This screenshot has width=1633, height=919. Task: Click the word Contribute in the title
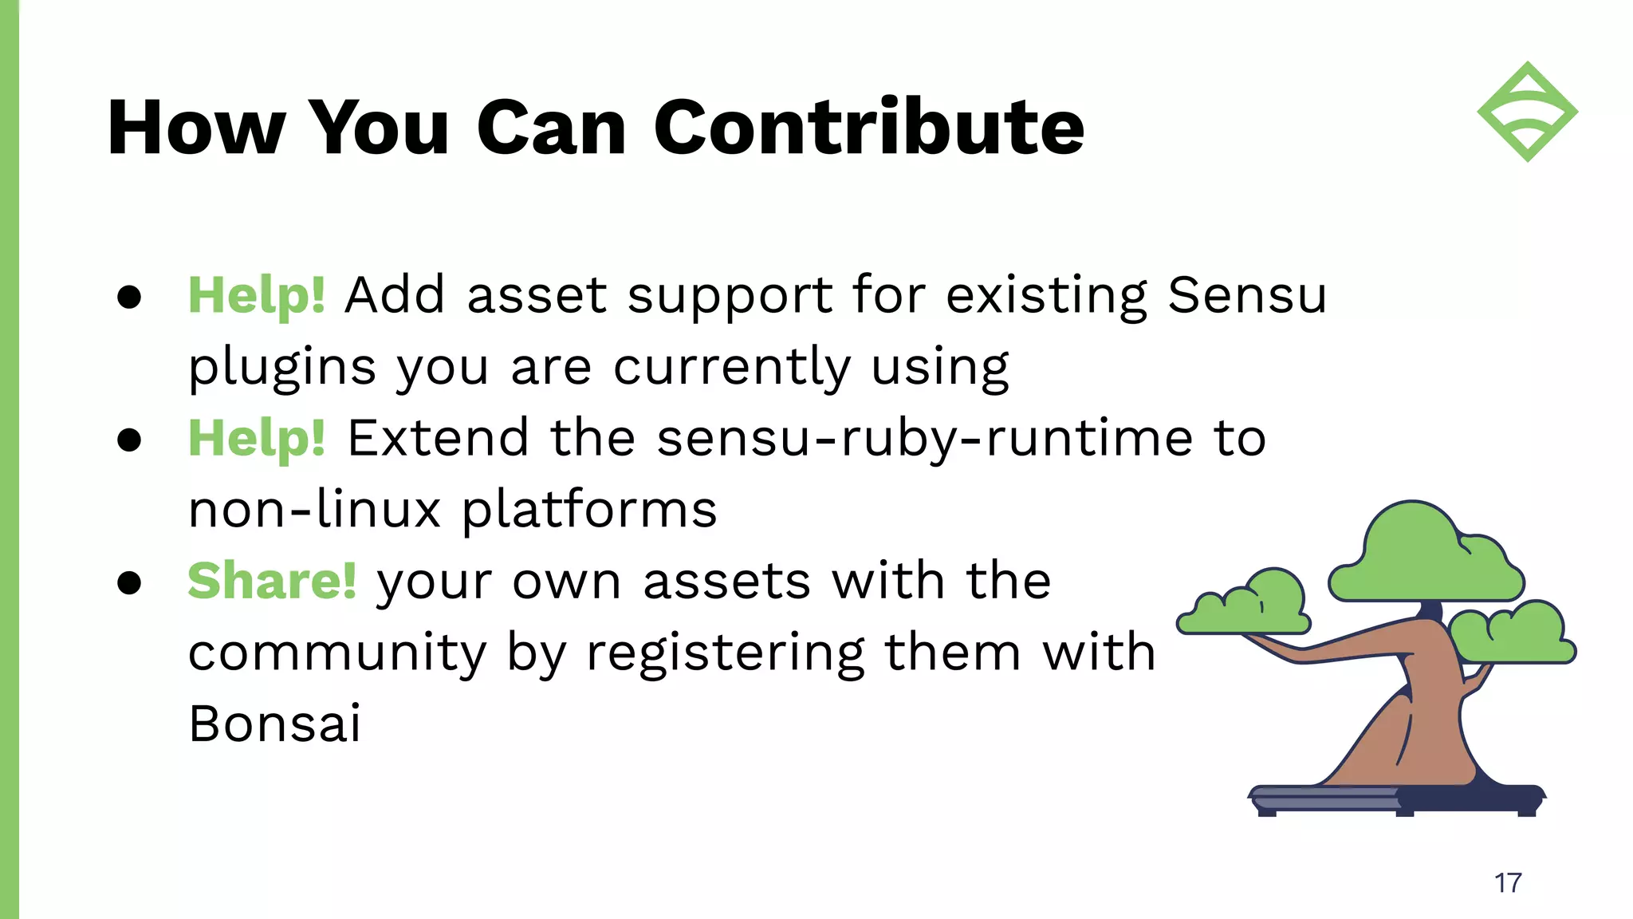tap(869, 128)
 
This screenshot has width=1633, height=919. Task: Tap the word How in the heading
tap(196, 128)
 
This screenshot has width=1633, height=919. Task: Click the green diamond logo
tap(1527, 112)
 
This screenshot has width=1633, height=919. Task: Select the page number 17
tap(1508, 883)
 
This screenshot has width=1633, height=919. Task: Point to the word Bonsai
tap(274, 724)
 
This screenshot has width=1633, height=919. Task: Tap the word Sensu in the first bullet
tap(1247, 295)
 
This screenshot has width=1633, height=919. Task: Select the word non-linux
tap(314, 509)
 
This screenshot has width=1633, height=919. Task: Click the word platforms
tap(589, 511)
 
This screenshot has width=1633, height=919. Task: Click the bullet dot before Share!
tap(129, 582)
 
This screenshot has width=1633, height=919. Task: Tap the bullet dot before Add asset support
tap(129, 297)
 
